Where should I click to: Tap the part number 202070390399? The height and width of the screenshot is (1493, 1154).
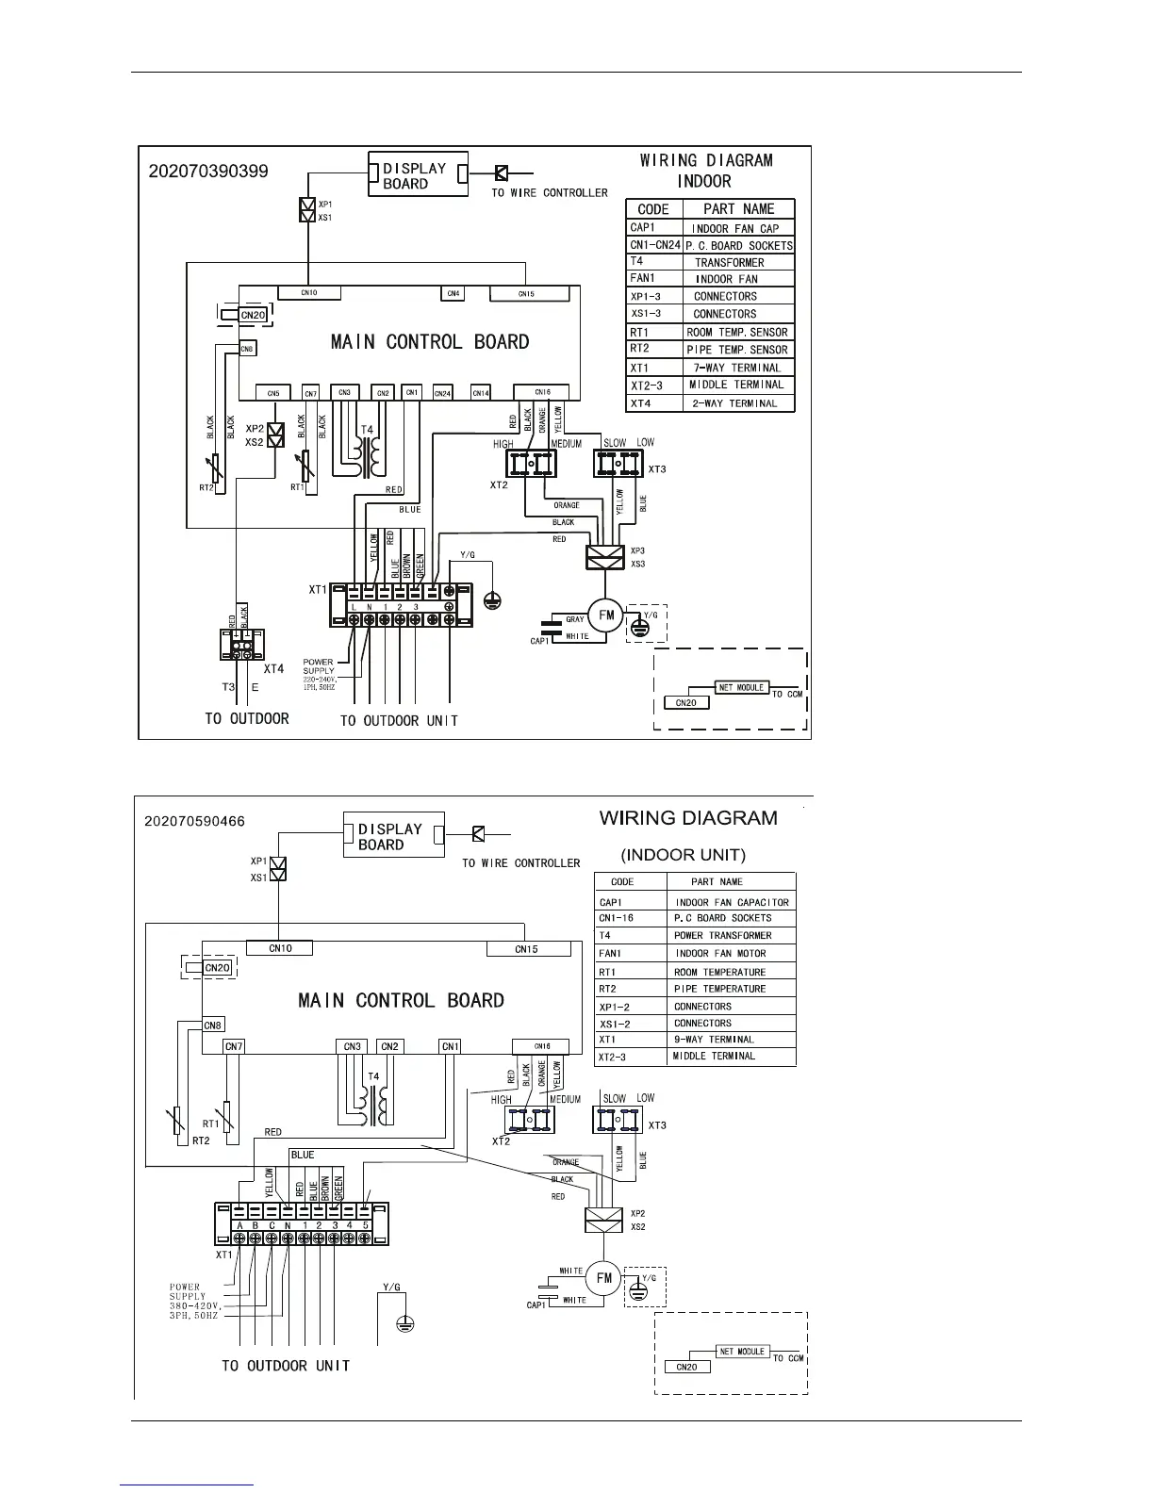point(208,172)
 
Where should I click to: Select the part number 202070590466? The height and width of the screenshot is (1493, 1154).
point(194,821)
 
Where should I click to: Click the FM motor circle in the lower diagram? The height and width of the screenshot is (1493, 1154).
point(604,1278)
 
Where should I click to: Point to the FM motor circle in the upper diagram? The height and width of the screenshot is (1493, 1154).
point(606,615)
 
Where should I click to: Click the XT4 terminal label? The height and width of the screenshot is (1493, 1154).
point(273,668)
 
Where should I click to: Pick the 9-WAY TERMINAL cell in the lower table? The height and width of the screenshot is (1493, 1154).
point(714,1040)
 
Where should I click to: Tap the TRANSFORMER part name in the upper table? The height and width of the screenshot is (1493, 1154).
point(730,263)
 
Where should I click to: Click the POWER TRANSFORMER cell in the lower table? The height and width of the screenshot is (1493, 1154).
point(722,936)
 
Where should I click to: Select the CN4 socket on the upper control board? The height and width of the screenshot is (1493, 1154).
point(453,293)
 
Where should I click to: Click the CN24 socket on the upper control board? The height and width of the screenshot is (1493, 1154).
point(443,392)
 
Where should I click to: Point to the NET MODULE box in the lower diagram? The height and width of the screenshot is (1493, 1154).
point(742,1352)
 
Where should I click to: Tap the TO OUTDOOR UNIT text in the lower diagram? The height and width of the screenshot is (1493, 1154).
point(286,1366)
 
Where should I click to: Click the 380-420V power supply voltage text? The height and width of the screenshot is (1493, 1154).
point(194,1305)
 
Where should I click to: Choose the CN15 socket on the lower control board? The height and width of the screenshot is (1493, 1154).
point(526,949)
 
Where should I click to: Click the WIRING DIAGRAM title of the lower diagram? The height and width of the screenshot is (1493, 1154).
point(688,818)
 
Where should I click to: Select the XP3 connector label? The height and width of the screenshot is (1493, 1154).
point(638,550)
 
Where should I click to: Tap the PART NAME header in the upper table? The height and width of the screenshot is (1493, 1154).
point(739,209)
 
